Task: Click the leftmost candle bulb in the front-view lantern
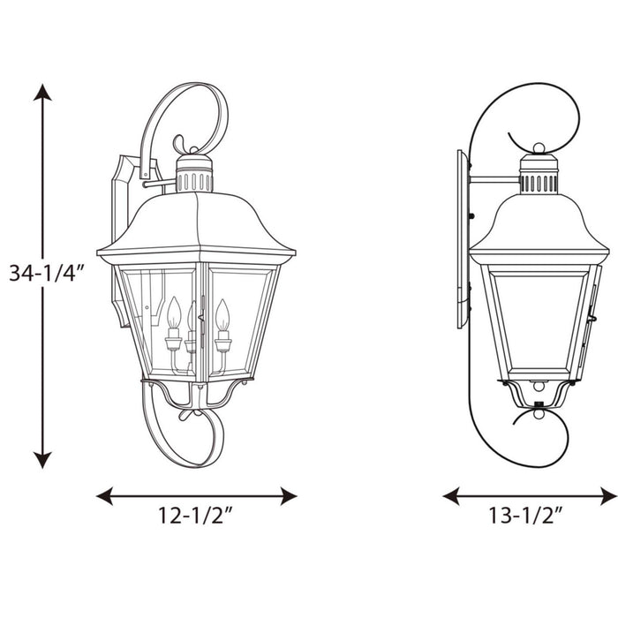pyautogui.click(x=174, y=314)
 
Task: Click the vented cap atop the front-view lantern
pyautogui.click(x=193, y=176)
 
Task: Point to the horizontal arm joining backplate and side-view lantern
pyautogui.click(x=494, y=180)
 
